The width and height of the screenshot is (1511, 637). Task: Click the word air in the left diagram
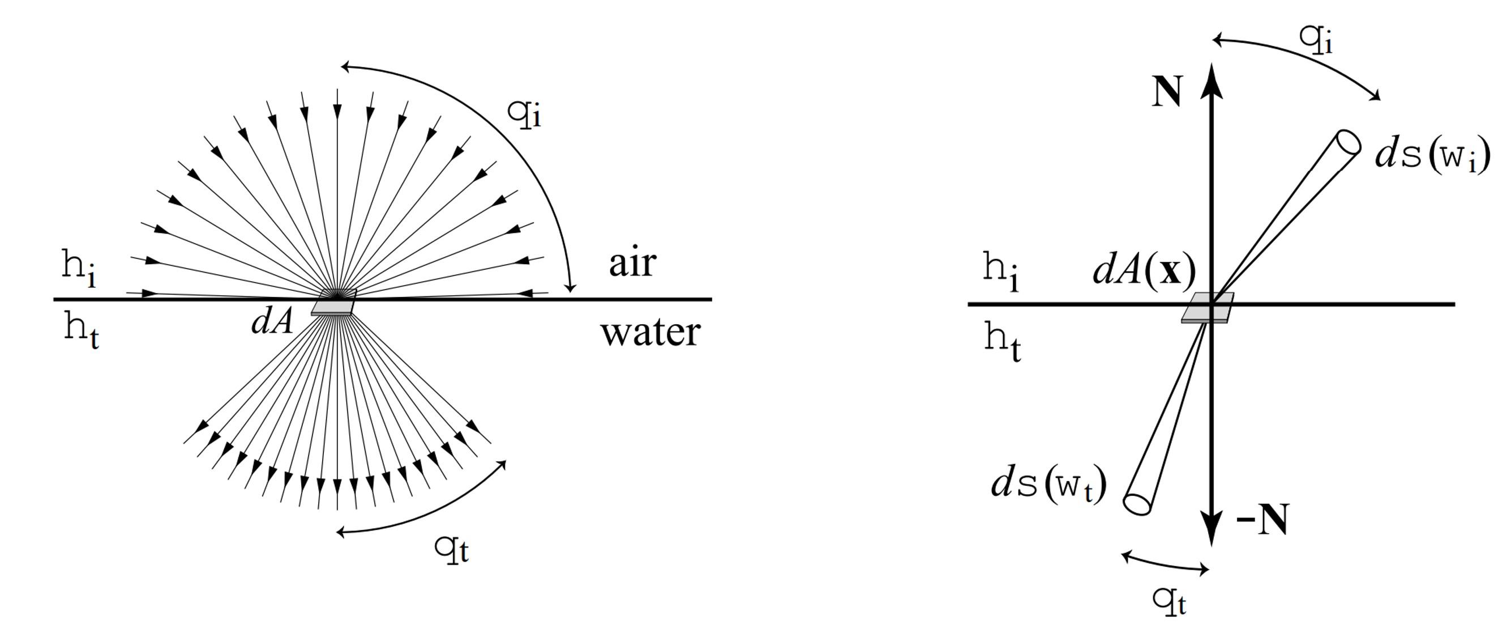tap(632, 264)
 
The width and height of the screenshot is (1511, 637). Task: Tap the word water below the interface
tap(650, 332)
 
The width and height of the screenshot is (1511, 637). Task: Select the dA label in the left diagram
tap(272, 322)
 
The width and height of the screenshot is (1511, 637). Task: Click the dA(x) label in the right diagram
tap(1144, 271)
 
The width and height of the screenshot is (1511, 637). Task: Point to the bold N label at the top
tap(1167, 92)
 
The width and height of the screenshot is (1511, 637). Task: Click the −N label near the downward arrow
tap(1263, 519)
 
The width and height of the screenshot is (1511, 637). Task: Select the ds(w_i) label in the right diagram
tap(1432, 156)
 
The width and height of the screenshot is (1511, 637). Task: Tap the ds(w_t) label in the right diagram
tap(1049, 485)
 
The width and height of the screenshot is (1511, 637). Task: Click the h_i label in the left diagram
tap(79, 267)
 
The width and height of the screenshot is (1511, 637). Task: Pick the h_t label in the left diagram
tap(82, 331)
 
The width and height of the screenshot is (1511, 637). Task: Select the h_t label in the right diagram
tap(1003, 342)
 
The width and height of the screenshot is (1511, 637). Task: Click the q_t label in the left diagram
tap(452, 549)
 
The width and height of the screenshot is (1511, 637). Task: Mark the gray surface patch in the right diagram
tap(1207, 308)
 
